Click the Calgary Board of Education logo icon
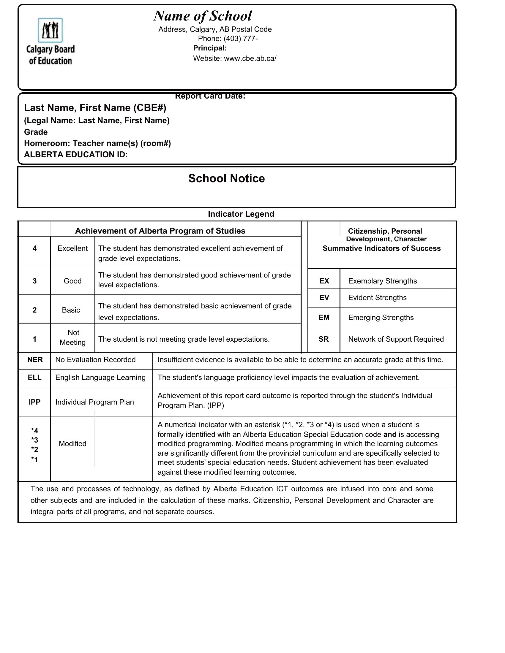pos(50,30)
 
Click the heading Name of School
pos(203,16)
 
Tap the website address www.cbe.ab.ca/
pos(250,58)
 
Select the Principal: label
pos(210,48)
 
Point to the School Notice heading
pos(226,178)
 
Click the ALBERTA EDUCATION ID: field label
pos(76,155)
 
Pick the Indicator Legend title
pos(241,214)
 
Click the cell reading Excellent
pos(72,248)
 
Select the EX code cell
pos(324,281)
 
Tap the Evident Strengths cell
pos(377,298)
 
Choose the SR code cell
pos(324,339)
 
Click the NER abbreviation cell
pos(35,360)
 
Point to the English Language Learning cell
pos(100,378)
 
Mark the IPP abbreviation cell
pos(34,402)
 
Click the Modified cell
pos(72,444)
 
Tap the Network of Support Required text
pos(396,339)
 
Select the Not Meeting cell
pos(73,337)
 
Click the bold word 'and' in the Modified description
pos(390,435)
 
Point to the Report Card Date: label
pos(210,96)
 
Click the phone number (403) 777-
pos(241,39)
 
